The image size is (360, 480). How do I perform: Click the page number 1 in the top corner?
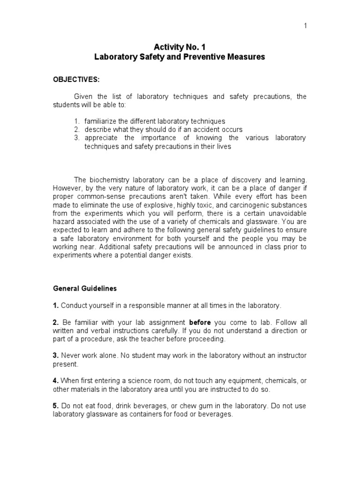pos(305,26)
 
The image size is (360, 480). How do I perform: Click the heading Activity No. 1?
pos(180,47)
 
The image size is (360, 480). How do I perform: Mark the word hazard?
pos(64,222)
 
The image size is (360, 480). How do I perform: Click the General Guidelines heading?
pos(85,289)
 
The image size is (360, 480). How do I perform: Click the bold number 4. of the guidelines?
pos(55,381)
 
